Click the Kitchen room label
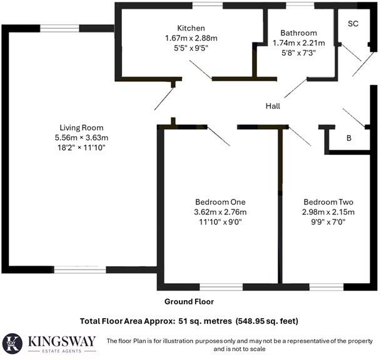coord(191,28)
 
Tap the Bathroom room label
coord(298,33)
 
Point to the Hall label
coord(272,106)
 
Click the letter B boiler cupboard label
coord(348,139)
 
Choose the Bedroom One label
coord(220,202)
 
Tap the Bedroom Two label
coord(329,202)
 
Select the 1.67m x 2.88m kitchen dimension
coord(191,38)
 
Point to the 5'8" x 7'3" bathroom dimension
coord(298,53)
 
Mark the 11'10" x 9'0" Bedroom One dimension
coord(220,222)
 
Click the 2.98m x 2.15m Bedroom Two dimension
coord(329,212)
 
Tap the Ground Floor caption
coord(189,301)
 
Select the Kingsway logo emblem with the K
coord(13,343)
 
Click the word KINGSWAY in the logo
coord(62,341)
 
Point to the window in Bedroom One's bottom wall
coord(221,287)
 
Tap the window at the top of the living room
coord(60,28)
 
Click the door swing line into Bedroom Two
coord(300,136)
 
